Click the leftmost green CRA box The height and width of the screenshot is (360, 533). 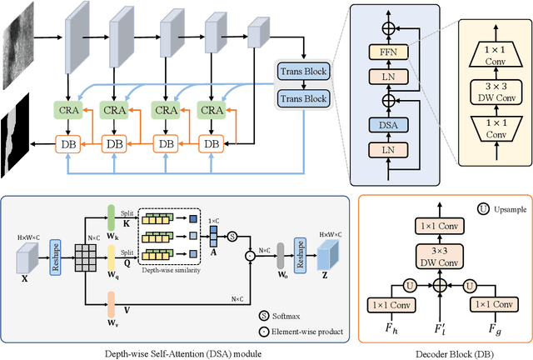click(67, 109)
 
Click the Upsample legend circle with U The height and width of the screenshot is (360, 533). click(435, 207)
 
